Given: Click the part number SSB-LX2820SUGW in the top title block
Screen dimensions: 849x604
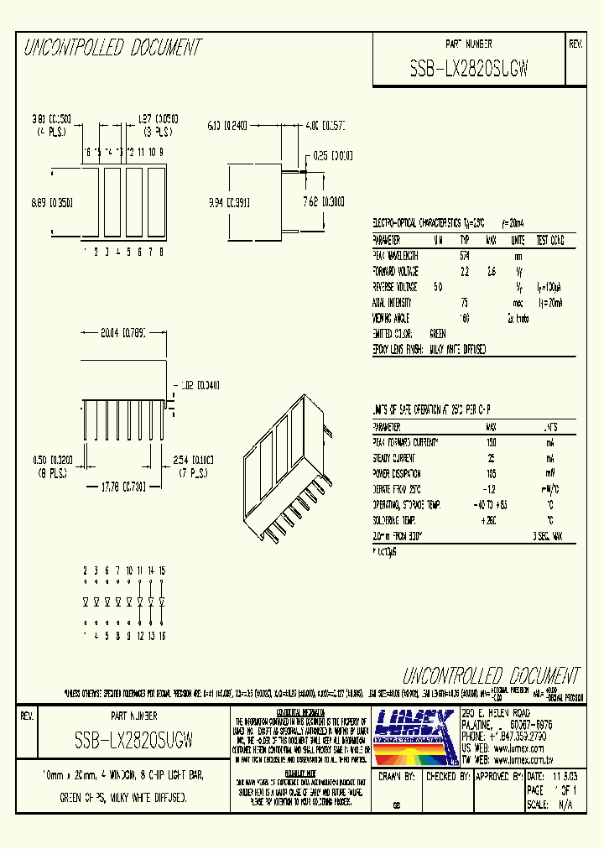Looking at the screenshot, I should tap(468, 70).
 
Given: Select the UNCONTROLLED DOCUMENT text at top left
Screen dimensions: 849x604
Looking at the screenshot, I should tap(112, 48).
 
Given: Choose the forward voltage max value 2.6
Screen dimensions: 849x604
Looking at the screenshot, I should tap(492, 272).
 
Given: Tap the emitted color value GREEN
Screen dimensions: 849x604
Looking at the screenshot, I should tap(437, 333).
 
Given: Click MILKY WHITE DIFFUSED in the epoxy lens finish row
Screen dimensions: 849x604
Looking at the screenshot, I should tap(457, 349).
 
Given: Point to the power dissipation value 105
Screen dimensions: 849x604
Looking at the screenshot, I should tap(491, 472).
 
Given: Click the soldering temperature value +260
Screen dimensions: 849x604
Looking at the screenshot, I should tap(491, 520).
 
